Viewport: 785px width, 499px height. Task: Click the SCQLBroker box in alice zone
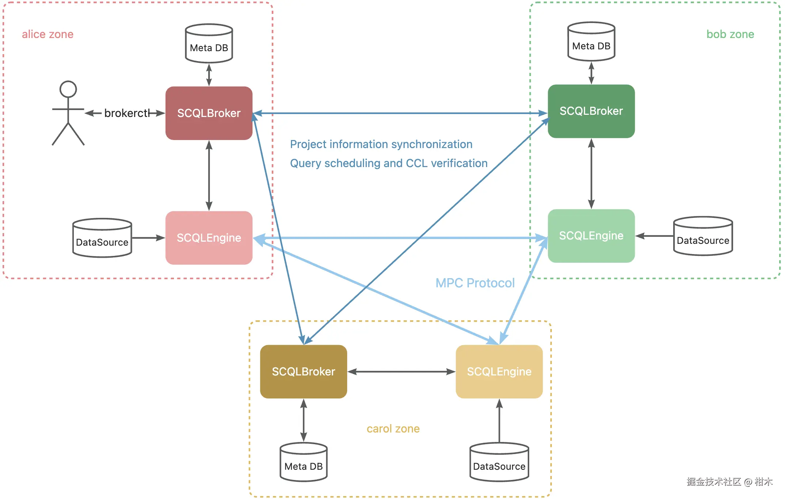click(x=209, y=113)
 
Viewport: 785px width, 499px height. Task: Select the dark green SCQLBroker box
click(x=591, y=111)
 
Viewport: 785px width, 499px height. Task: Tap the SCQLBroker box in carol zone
click(x=303, y=371)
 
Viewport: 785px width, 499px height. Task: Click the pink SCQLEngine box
click(x=209, y=238)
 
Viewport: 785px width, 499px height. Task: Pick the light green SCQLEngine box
click(x=591, y=236)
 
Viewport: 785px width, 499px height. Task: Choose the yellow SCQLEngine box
click(x=499, y=371)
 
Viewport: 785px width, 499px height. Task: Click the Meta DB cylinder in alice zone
click(x=209, y=44)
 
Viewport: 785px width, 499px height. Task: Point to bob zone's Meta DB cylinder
click(x=591, y=42)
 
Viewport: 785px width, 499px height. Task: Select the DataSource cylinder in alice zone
click(x=102, y=238)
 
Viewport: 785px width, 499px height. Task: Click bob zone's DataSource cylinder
click(x=703, y=237)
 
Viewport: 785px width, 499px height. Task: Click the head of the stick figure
click(x=68, y=89)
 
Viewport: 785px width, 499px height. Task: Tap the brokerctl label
click(x=126, y=113)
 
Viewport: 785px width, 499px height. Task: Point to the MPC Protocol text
click(x=475, y=283)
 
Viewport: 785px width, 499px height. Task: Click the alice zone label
click(x=48, y=34)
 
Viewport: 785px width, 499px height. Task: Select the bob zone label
click(x=730, y=34)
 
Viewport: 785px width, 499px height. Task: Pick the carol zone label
click(x=393, y=428)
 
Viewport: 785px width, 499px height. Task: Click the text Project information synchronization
click(x=381, y=144)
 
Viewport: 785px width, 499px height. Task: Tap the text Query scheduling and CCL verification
click(x=388, y=163)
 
